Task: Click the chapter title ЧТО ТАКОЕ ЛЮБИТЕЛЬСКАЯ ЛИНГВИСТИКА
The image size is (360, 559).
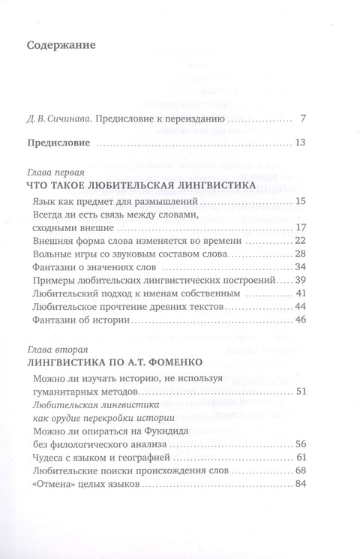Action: pos(136,185)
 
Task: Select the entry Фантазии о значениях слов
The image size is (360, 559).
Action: pos(95,266)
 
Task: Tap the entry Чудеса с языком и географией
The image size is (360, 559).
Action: pos(104,456)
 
